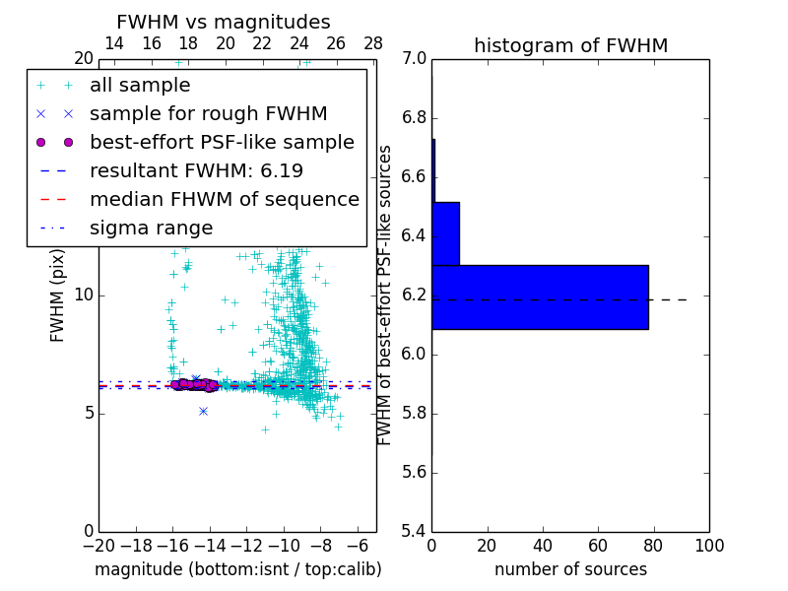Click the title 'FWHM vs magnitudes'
coord(224,22)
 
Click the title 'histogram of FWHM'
coord(570,45)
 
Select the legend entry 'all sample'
coord(140,86)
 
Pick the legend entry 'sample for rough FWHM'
coord(208,114)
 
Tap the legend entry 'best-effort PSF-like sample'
coord(222,142)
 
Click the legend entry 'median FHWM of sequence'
coord(224,199)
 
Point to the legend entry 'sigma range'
coord(151,228)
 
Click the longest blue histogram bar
coord(540,297)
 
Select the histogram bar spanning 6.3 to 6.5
coord(445,233)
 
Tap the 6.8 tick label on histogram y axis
coord(413,118)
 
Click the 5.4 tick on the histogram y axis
coord(413,531)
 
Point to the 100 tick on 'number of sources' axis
coord(709,546)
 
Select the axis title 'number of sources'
coord(570,569)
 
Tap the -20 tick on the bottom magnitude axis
coord(98,546)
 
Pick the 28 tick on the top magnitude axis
coord(373,44)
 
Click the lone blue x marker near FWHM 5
coord(203,411)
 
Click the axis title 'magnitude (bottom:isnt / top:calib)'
coord(237,569)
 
